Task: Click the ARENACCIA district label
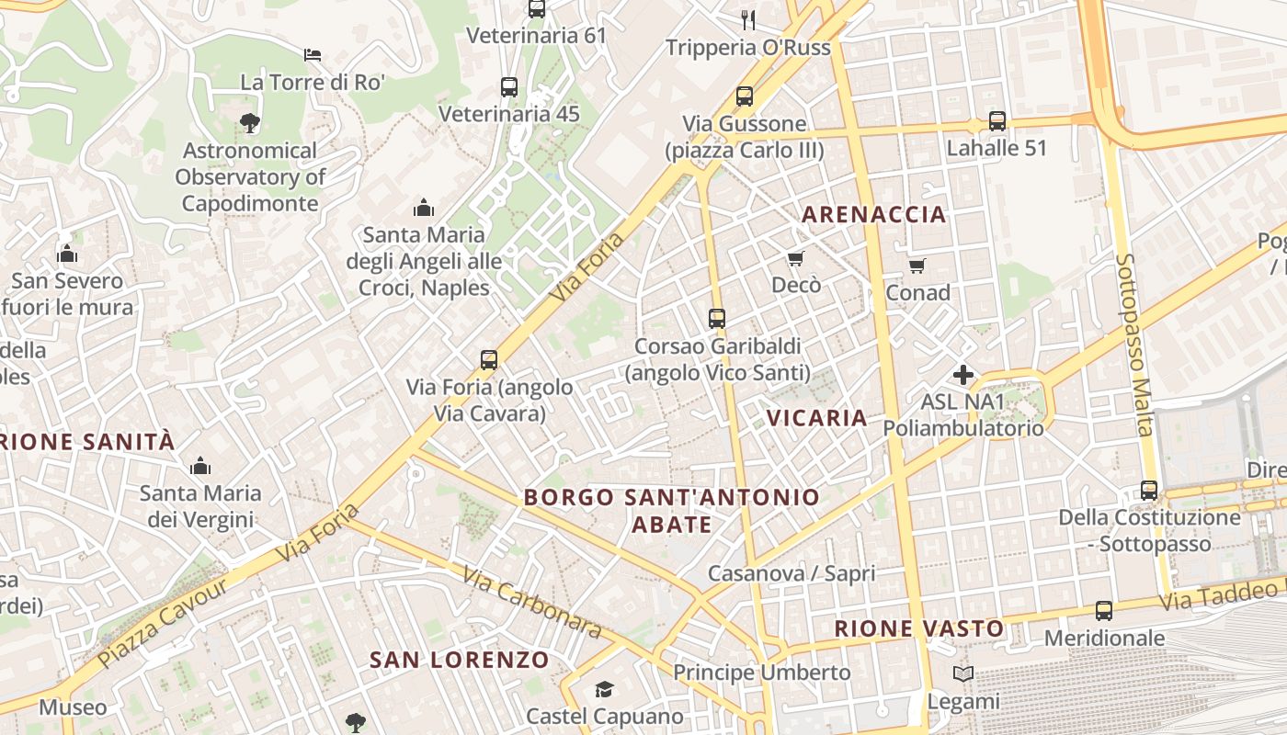click(873, 215)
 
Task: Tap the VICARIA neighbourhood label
click(817, 418)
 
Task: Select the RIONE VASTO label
click(919, 629)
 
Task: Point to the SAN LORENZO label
click(459, 660)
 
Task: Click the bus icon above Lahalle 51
click(997, 120)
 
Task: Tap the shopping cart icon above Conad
click(917, 266)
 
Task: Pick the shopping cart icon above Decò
click(795, 259)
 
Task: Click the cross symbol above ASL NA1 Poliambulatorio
click(963, 375)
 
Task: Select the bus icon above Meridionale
click(1104, 611)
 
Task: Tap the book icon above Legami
click(963, 674)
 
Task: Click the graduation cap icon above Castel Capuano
click(604, 689)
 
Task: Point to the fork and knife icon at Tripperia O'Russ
click(748, 19)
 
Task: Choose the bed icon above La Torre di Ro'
click(313, 55)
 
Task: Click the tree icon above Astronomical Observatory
click(248, 122)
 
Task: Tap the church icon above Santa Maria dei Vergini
click(200, 466)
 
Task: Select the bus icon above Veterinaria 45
click(509, 87)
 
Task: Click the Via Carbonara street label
click(532, 603)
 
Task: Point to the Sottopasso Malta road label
click(1133, 345)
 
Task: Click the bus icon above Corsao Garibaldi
click(717, 319)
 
